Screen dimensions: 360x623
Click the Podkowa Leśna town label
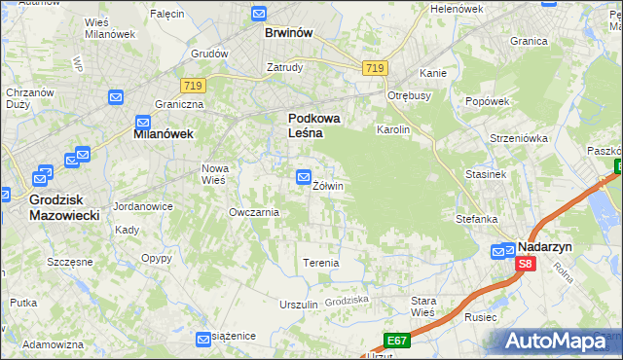point(313,126)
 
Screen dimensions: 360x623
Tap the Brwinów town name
point(288,33)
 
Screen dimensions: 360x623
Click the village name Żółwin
point(328,185)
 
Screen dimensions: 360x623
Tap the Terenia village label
point(320,263)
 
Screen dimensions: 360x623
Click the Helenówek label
point(457,9)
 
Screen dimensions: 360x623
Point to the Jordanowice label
point(143,206)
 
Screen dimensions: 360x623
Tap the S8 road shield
point(526,264)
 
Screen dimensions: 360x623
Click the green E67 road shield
point(395,340)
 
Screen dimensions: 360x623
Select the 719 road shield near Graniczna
point(192,87)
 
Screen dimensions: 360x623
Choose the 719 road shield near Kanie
point(375,67)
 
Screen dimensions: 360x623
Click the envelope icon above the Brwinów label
point(259,14)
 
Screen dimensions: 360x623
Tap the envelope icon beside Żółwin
point(303,177)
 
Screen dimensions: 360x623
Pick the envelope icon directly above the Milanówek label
point(143,123)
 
